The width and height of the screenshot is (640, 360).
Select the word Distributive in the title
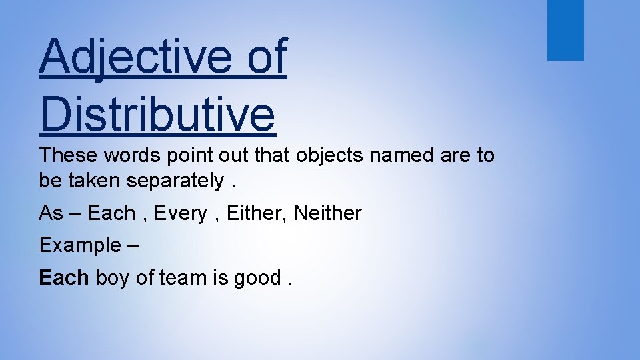(157, 113)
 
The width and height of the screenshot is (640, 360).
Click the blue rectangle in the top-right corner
(565, 30)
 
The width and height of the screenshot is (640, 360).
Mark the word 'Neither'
(327, 213)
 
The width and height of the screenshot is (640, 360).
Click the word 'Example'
(79, 245)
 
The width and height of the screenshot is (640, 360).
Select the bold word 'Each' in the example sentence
(64, 277)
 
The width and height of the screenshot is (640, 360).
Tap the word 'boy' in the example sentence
(113, 278)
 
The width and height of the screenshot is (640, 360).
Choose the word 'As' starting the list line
(51, 213)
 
